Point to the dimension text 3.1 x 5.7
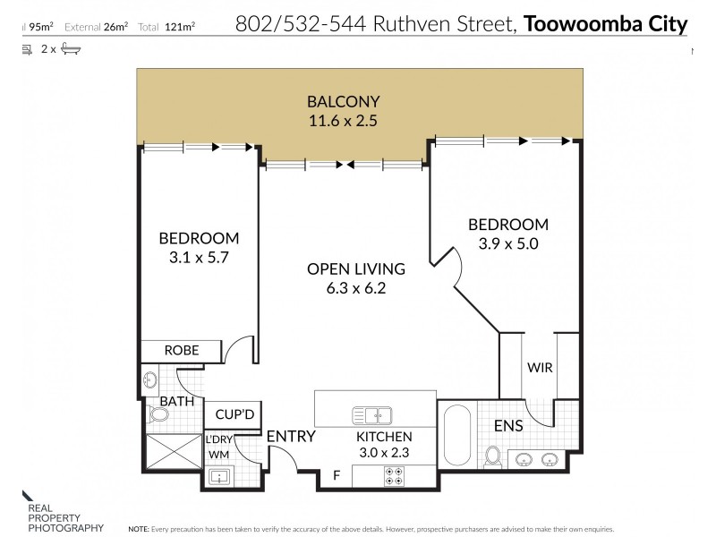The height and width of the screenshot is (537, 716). (199, 258)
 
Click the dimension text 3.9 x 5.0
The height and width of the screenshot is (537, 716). (507, 243)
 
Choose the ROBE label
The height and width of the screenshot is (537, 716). (181, 350)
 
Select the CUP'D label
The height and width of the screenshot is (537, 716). (232, 416)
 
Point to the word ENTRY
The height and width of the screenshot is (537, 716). (291, 437)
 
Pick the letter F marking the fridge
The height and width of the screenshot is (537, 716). (336, 475)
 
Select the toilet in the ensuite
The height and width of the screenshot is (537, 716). (492, 456)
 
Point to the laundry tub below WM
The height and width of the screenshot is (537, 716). (218, 477)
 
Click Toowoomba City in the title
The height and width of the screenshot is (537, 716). (606, 23)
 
